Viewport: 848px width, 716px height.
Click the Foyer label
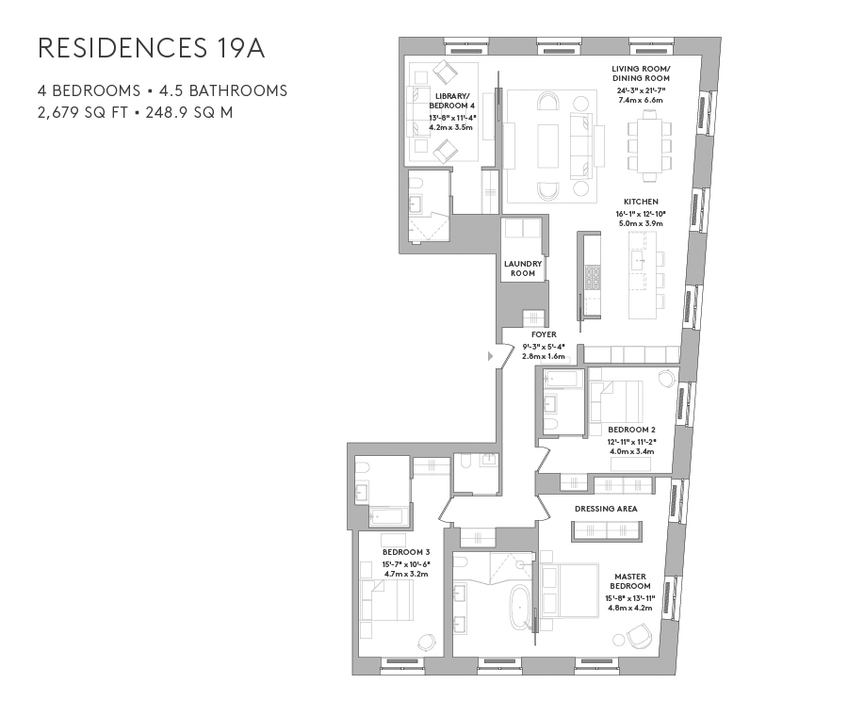coord(544,334)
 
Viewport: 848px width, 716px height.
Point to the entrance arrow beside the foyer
coord(490,357)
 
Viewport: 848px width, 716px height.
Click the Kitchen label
coord(640,202)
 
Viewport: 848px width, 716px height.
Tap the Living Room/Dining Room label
coord(640,74)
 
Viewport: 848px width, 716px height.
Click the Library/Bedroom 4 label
coord(451,101)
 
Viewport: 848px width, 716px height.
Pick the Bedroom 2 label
coord(625,430)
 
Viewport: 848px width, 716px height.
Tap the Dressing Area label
coord(607,509)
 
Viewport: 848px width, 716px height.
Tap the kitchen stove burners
coord(593,277)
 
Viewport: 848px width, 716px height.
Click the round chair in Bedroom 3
coord(426,641)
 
